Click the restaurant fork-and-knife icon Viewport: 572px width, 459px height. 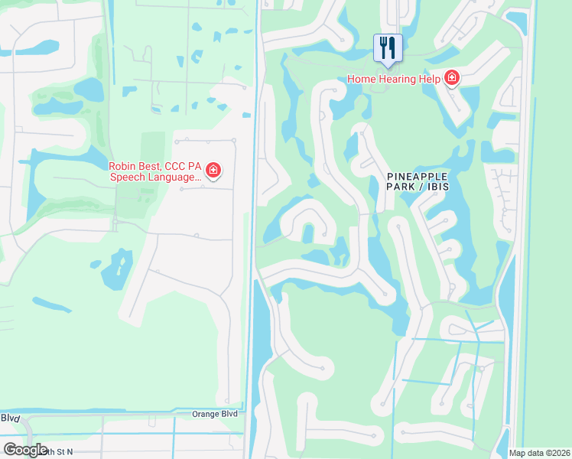pos(388,47)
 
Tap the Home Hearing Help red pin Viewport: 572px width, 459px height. pos(452,78)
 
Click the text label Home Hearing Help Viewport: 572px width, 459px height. pos(392,79)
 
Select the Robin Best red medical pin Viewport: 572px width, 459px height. pos(213,170)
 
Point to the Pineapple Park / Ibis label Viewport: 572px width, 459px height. pos(417,181)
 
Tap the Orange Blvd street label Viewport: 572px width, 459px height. pos(214,414)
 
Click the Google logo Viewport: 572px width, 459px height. pos(25,450)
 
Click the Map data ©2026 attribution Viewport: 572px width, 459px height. pos(539,453)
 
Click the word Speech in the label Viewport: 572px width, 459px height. pos(125,177)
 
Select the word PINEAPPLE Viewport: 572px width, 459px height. pos(417,175)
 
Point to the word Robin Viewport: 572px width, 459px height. pos(123,164)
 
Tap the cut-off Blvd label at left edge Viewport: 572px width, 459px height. pos(10,418)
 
